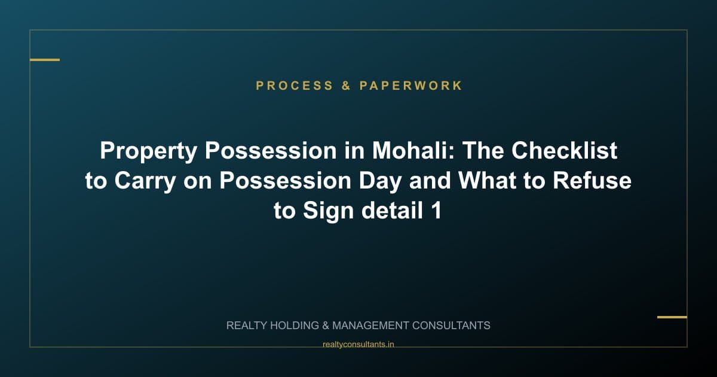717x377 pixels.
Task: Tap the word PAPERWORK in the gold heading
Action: pyautogui.click(x=411, y=86)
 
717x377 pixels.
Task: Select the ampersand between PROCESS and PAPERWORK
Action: pyautogui.click(x=347, y=86)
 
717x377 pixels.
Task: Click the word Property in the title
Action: pyautogui.click(x=148, y=151)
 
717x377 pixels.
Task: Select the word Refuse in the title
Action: pyautogui.click(x=592, y=181)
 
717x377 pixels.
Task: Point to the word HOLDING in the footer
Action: pyautogui.click(x=297, y=326)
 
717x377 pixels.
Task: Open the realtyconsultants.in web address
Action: pyautogui.click(x=358, y=344)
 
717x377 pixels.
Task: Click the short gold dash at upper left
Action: pyautogui.click(x=45, y=60)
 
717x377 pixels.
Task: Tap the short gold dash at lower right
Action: pyautogui.click(x=672, y=317)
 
